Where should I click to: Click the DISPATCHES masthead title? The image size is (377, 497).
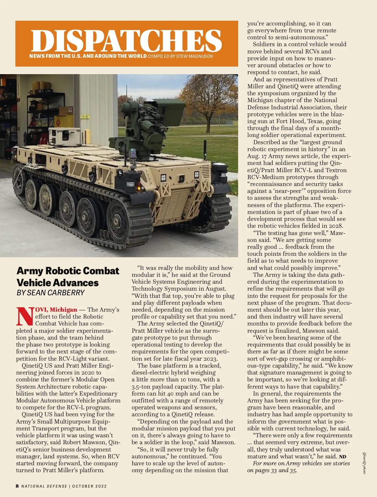[127, 41]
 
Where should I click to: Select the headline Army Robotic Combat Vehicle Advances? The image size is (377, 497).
[68, 276]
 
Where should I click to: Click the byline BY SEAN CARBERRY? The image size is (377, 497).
[51, 293]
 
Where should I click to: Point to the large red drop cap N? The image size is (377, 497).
[25, 316]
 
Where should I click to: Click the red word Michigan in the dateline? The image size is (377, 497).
[63, 310]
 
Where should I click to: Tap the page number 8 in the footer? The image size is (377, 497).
[17, 486]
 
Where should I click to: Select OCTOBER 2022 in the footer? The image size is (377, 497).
[90, 486]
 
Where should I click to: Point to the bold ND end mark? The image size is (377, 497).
[342, 457]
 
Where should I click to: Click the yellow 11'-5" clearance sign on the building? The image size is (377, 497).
[85, 117]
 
